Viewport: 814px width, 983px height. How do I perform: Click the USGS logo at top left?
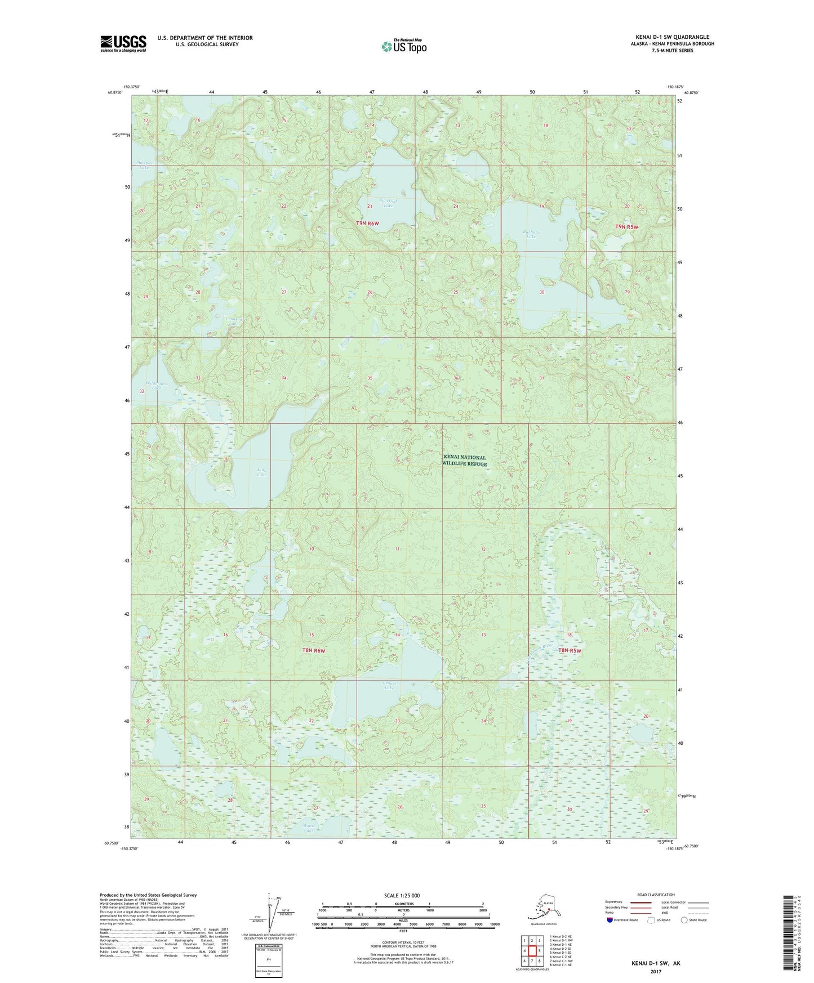(x=123, y=43)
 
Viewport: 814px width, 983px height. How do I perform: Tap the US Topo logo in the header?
(x=403, y=46)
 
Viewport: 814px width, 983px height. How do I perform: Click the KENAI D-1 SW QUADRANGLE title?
(x=672, y=37)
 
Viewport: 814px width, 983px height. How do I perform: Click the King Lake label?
(x=261, y=472)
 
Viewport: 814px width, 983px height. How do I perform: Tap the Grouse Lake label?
(x=388, y=685)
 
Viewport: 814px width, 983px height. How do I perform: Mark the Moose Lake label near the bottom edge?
(x=308, y=828)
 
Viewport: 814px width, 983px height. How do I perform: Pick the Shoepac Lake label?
(x=144, y=166)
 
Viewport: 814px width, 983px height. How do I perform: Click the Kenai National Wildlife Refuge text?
(x=464, y=461)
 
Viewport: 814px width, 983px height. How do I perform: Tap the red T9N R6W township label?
(x=367, y=224)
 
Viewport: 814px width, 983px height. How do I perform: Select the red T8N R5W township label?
(x=569, y=650)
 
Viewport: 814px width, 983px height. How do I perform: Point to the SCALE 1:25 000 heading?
(x=402, y=895)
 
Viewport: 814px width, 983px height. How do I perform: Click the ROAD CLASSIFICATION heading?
(x=656, y=895)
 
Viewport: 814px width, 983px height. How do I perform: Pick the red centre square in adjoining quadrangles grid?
(x=531, y=951)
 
